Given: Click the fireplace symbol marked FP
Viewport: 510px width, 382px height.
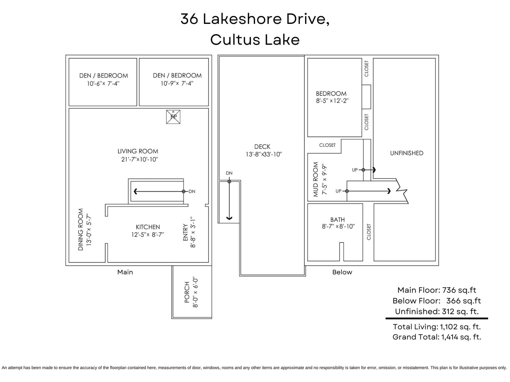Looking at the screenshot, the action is pos(173,117).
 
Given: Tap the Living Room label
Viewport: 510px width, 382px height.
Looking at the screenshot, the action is pos(138,151).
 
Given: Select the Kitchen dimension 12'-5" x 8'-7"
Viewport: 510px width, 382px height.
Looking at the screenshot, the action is pos(148,235).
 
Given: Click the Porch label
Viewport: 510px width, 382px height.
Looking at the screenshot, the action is pos(187,292).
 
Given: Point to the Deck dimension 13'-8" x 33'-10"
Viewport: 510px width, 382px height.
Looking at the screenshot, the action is pos(264,154).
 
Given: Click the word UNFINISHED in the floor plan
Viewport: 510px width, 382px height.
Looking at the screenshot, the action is pos(407,153).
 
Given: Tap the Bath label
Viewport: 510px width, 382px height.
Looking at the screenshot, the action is pos(337,220).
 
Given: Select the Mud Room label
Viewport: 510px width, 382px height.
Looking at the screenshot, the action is pos(315,179).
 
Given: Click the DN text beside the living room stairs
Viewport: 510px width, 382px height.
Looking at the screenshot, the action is pos(192,191).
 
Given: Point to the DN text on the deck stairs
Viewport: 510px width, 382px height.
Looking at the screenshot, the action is pos(229,173).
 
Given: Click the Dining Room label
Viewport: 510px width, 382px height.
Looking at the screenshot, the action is pos(80,230).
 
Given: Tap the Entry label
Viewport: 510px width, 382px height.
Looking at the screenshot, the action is pos(185,232).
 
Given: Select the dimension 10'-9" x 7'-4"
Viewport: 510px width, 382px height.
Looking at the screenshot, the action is pos(177,83).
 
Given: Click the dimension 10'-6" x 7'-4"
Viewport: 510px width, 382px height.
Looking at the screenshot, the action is pos(103,83).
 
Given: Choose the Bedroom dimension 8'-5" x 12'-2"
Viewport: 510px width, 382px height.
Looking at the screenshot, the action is pos(332,101).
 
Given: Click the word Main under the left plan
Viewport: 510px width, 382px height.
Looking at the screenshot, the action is pos(125,272).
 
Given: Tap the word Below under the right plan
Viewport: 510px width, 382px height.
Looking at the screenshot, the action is pos(342,272).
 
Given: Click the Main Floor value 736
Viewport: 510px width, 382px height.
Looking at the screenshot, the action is pos(449,290).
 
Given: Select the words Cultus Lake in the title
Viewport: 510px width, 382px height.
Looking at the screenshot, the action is pos(255,40).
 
